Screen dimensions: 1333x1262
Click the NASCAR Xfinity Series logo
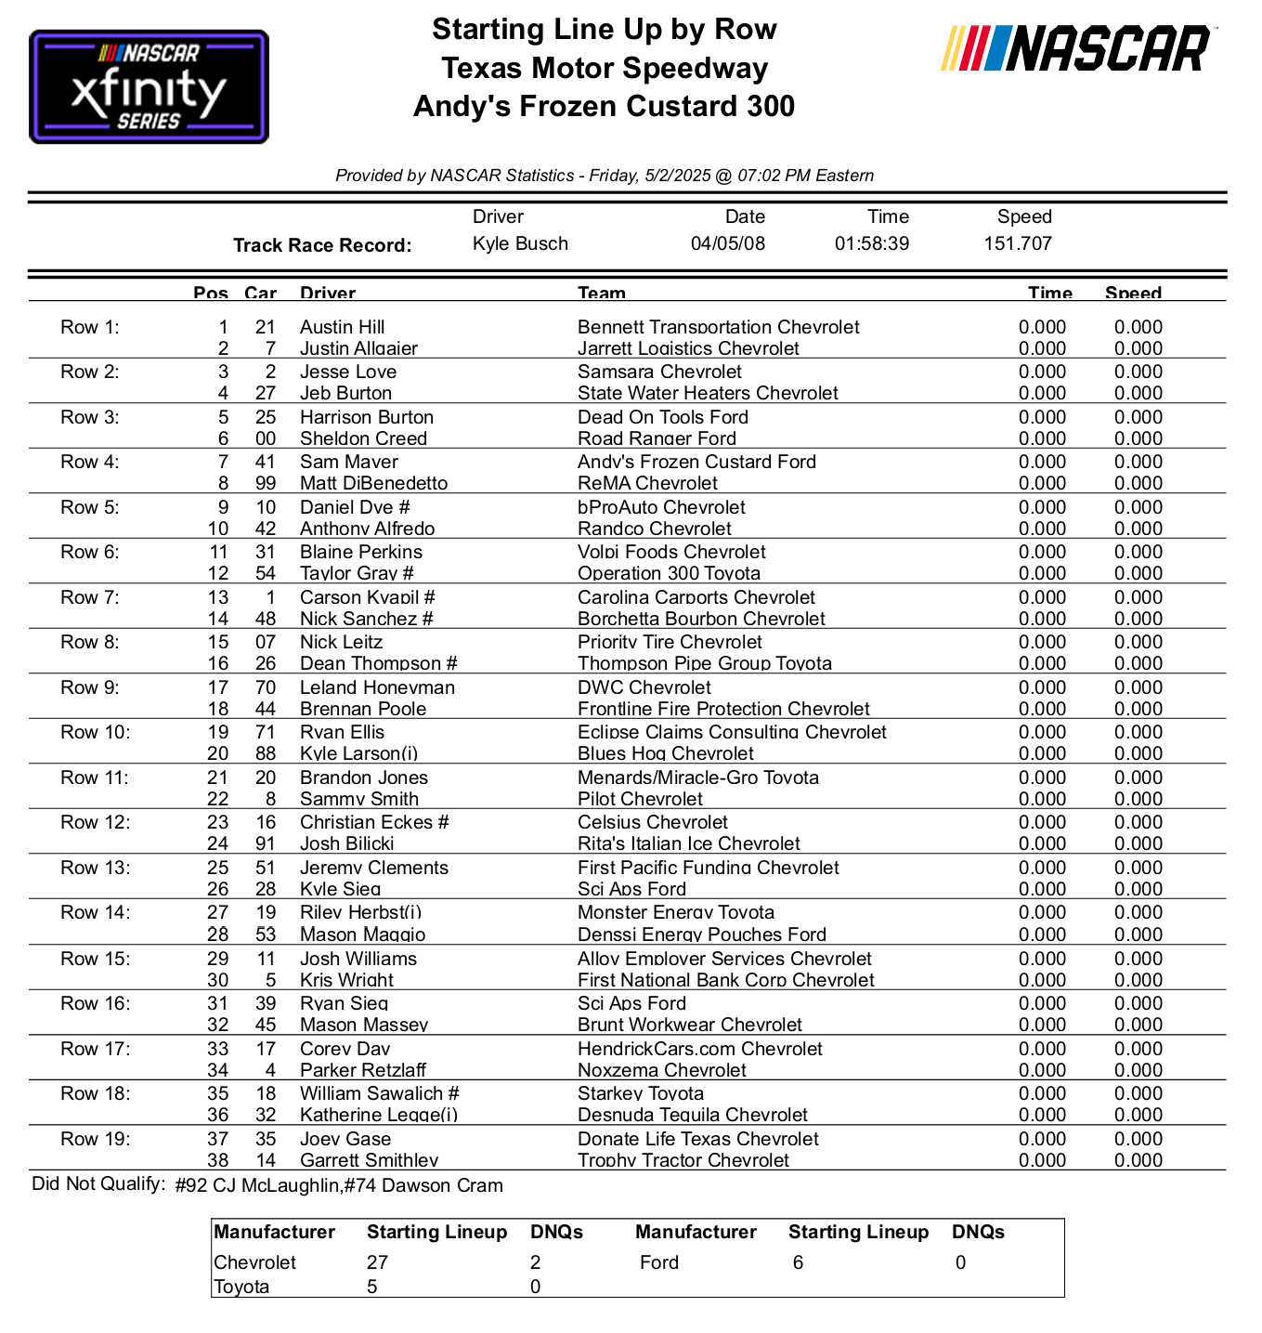pyautogui.click(x=149, y=87)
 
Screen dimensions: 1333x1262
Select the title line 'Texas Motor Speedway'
pyautogui.click(x=604, y=68)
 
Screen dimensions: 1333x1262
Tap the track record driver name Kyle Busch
pyautogui.click(x=520, y=243)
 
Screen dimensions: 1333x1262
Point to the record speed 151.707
pyautogui.click(x=1017, y=243)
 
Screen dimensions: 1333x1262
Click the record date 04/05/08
pyautogui.click(x=728, y=243)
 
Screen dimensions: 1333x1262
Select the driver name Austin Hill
pyautogui.click(x=342, y=327)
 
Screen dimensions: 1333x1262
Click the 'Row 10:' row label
pyautogui.click(x=95, y=732)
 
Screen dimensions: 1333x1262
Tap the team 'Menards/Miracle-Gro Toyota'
pyautogui.click(x=697, y=778)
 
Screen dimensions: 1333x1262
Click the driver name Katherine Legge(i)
pyautogui.click(x=378, y=1115)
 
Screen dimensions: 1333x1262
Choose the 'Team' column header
pyautogui.click(x=601, y=293)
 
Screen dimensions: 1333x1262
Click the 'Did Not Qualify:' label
pyautogui.click(x=98, y=1184)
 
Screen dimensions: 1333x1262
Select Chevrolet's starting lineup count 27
pyautogui.click(x=377, y=1262)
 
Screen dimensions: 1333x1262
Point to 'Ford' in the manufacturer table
pyautogui.click(x=658, y=1262)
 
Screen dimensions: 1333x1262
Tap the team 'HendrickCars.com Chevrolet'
pyautogui.click(x=699, y=1049)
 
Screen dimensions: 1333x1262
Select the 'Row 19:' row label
pyautogui.click(x=95, y=1139)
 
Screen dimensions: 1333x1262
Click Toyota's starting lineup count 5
pyautogui.click(x=372, y=1287)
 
